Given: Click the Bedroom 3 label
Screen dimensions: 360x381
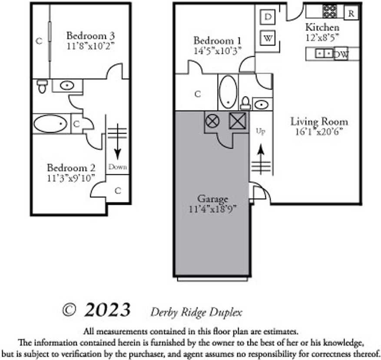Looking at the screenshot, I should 90,35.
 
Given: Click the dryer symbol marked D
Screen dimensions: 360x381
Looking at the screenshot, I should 268,17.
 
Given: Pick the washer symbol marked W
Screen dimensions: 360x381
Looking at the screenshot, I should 268,38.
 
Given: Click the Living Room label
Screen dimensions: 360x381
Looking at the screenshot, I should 319,122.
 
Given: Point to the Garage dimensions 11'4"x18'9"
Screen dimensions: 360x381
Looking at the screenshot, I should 212,208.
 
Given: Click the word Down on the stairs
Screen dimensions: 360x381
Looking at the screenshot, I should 117,167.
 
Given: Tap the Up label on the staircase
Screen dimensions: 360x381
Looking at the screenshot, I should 260,130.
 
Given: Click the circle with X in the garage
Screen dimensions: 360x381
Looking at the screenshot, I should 212,120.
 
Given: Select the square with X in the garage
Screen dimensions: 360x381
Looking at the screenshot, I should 237,120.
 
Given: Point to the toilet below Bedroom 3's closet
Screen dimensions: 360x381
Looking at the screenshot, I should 42,86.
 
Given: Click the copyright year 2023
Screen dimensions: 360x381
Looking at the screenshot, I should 107,310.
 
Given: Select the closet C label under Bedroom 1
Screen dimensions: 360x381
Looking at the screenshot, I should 197,93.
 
